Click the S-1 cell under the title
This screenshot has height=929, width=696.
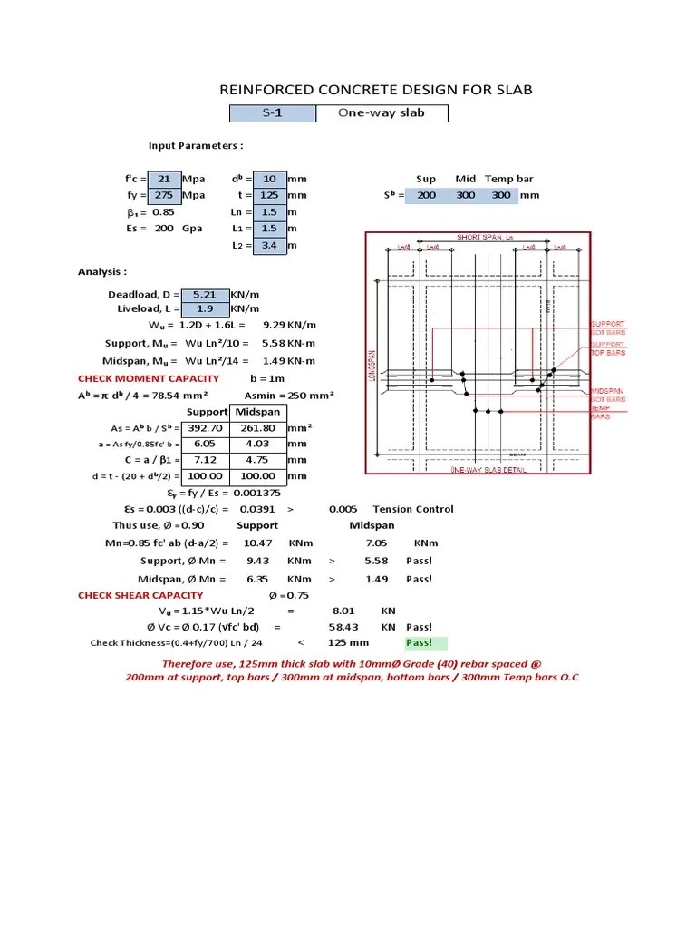(x=272, y=113)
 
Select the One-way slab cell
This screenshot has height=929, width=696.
(x=381, y=113)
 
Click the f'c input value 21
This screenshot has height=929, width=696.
(x=164, y=179)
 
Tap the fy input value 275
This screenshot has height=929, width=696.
(x=164, y=195)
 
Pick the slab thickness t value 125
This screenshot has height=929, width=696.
(x=270, y=195)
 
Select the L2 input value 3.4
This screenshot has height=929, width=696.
(x=270, y=245)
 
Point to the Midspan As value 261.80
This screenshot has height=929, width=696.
(x=257, y=427)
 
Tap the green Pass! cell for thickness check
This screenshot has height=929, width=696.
(x=426, y=643)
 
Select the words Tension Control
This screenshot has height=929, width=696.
(x=413, y=509)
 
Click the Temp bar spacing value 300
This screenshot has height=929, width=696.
(x=500, y=195)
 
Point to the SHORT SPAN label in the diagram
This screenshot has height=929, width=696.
(x=480, y=237)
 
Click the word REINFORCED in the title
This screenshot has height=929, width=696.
(x=267, y=89)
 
